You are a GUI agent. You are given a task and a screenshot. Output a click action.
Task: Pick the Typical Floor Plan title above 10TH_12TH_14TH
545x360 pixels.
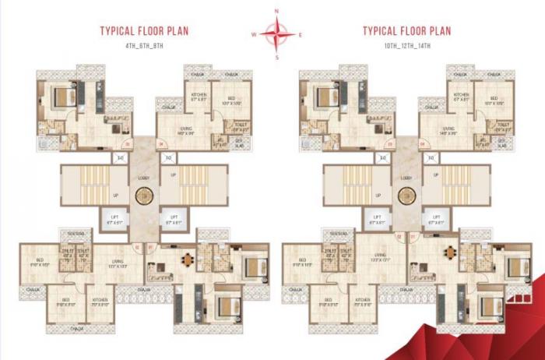pyautogui.click(x=407, y=32)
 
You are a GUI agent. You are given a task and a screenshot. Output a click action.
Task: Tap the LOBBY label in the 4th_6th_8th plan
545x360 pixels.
pyautogui.click(x=143, y=178)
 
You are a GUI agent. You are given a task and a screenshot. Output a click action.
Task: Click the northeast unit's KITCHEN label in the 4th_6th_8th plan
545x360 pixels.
pyautogui.click(x=199, y=96)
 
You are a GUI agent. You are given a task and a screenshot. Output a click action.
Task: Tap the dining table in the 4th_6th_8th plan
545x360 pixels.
pyautogui.click(x=187, y=259)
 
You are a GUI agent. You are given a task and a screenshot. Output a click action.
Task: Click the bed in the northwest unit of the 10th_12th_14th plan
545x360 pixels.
pyautogui.click(x=323, y=97)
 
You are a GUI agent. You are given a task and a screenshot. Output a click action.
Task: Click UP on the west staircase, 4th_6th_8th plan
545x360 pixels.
pyautogui.click(x=114, y=196)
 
